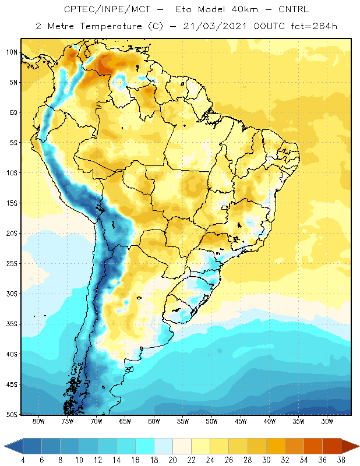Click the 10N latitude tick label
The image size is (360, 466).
12,52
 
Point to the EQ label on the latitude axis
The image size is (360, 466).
13,112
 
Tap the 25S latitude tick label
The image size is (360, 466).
12,264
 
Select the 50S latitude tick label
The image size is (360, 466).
12,415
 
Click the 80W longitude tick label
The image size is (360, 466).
38,421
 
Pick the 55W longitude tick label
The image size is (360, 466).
183,421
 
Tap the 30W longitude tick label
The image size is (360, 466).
327,421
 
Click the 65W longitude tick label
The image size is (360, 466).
125,421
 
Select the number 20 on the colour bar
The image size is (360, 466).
172,460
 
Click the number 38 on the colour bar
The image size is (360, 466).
341,460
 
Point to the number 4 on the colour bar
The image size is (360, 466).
23,460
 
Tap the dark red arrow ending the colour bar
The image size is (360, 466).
350,446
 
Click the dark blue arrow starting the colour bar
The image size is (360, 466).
13,446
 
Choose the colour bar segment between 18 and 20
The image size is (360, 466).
163,446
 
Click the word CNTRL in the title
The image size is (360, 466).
294,9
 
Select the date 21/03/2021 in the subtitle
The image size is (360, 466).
214,26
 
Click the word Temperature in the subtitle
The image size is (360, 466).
111,26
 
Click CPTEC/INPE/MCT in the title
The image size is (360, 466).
107,9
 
